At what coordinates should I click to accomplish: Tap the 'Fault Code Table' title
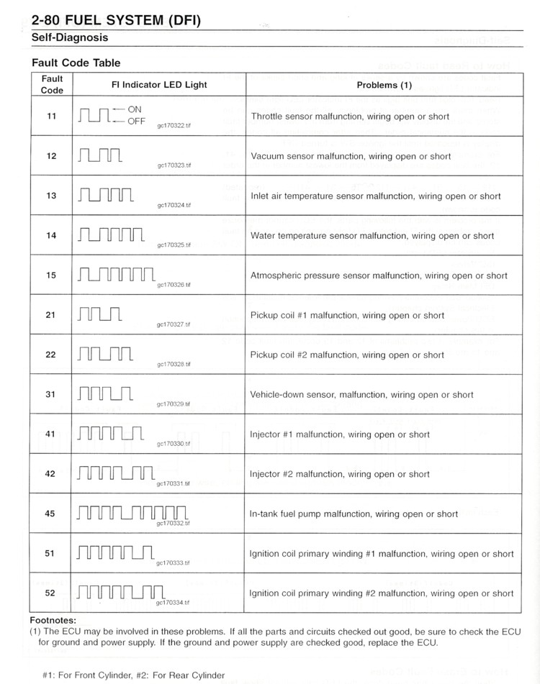[76, 63]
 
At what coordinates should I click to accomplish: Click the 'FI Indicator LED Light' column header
[159, 85]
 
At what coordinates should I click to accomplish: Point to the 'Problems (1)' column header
[384, 85]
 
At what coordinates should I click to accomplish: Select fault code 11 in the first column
[52, 116]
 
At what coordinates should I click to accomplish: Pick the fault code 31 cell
[52, 394]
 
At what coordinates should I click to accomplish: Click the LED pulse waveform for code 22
[104, 355]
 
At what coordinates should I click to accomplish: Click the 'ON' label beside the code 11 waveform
[135, 109]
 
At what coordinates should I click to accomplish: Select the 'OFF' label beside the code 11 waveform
[137, 121]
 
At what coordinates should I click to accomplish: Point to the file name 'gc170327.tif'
[174, 324]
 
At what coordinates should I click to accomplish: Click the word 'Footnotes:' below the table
[53, 619]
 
